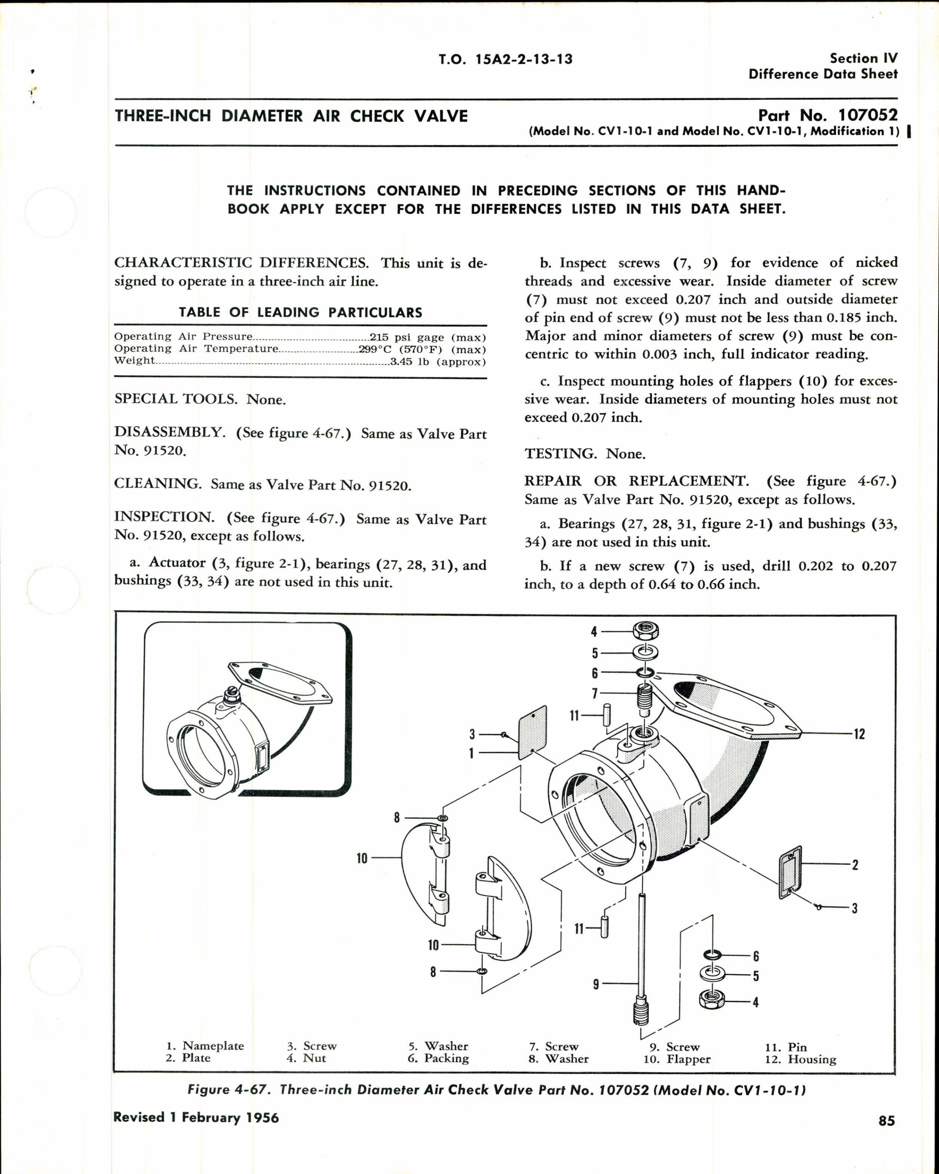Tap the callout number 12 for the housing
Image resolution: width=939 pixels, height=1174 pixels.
859,734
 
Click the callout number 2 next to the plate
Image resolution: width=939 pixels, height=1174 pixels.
855,865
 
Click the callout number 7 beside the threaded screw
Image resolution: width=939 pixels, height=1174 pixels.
595,693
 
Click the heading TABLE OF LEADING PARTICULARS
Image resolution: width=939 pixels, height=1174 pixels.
300,313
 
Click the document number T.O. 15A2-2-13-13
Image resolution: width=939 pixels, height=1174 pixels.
506,59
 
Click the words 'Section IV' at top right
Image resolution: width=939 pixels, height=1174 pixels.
863,58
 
